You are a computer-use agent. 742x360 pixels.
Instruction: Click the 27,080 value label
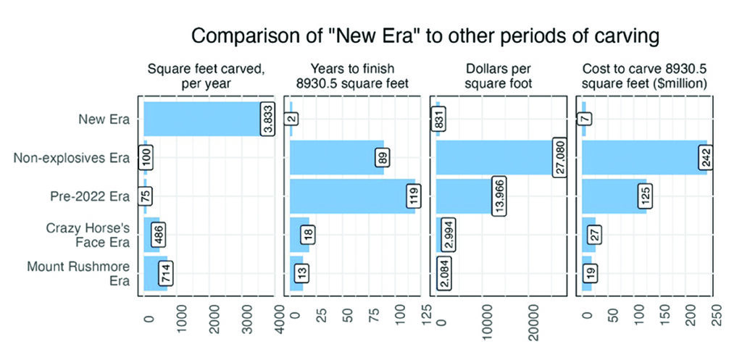click(x=559, y=157)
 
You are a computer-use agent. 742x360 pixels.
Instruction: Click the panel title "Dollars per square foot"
click(x=501, y=76)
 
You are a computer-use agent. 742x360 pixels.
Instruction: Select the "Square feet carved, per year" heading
click(x=205, y=76)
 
